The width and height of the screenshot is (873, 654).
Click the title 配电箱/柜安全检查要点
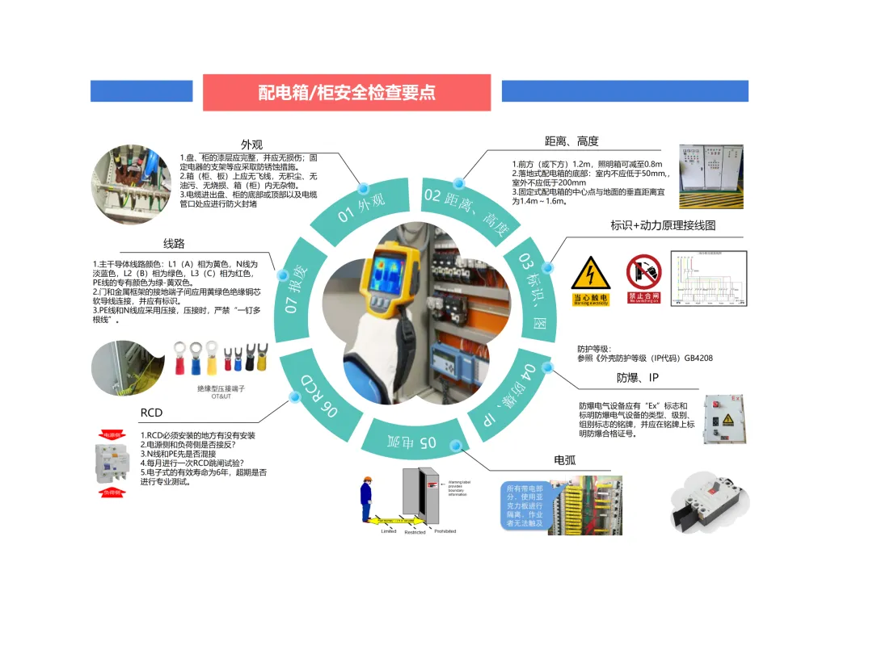[x=347, y=92]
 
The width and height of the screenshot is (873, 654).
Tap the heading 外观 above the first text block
[x=252, y=145]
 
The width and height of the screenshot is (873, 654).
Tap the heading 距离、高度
[x=571, y=141]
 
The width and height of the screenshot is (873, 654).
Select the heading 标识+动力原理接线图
[x=663, y=225]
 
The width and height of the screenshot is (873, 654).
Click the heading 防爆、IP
[x=638, y=378]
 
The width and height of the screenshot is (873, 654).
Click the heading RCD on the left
[x=151, y=413]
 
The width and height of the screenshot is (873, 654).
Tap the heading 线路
[x=174, y=243]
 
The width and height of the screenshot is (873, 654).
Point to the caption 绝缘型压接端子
[x=221, y=388]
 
